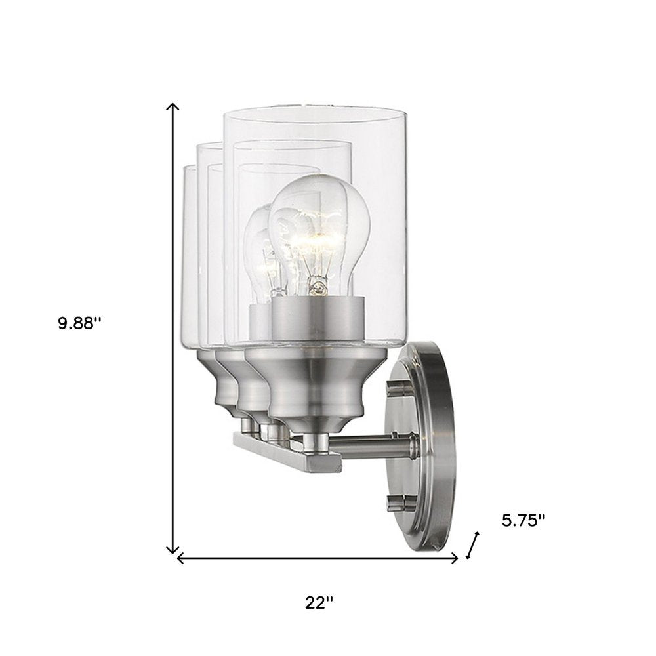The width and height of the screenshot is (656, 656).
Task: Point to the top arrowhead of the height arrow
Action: point(173,107)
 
